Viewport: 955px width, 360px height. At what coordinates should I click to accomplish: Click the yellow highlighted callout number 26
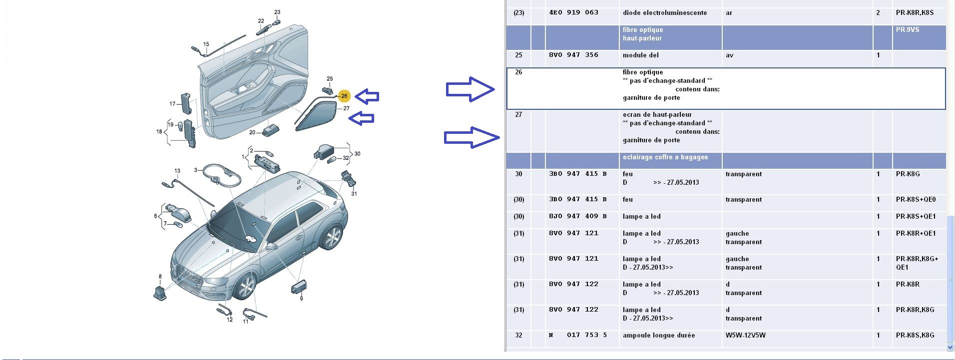pos(344,96)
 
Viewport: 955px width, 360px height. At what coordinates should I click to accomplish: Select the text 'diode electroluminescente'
pos(664,13)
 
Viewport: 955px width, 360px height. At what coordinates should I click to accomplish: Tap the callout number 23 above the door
pos(277,12)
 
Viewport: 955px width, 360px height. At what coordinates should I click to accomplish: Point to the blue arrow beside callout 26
pos(367,96)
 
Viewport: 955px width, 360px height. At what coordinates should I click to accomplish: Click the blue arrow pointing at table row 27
pos(472,137)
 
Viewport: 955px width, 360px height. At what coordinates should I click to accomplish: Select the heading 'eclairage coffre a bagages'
pos(665,157)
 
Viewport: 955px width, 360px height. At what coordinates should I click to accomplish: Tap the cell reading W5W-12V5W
pos(745,336)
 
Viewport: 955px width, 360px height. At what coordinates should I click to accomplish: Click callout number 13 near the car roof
pos(177,171)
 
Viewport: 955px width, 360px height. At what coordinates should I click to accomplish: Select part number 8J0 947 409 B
pos(577,216)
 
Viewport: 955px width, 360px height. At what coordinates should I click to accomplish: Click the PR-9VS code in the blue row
pos(907,30)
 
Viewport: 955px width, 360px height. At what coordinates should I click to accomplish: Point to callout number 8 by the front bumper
pos(160,277)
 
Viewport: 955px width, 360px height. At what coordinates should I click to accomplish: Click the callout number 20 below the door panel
pos(252,132)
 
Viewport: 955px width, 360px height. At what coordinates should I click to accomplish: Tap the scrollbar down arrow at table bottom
pos(950,347)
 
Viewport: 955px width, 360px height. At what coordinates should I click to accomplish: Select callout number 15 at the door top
pos(206,44)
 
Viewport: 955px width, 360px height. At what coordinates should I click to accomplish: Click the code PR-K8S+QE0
pos(916,200)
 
